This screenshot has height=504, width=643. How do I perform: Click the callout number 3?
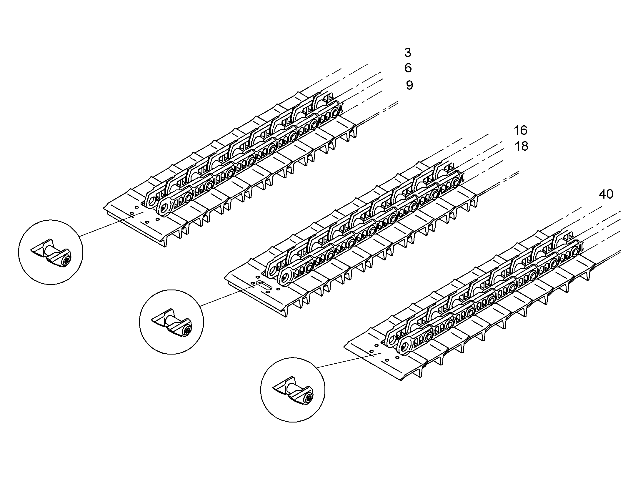(x=407, y=53)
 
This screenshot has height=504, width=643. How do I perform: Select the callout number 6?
(x=408, y=68)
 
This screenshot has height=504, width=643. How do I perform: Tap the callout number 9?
(x=409, y=85)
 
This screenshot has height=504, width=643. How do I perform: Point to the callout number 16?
(x=520, y=130)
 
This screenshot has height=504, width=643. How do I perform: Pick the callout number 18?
(x=521, y=146)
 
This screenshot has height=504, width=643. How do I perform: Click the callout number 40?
(x=606, y=194)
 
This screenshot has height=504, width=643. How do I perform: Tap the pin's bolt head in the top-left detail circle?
(x=67, y=261)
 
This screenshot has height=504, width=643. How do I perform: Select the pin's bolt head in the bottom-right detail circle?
(x=309, y=399)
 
